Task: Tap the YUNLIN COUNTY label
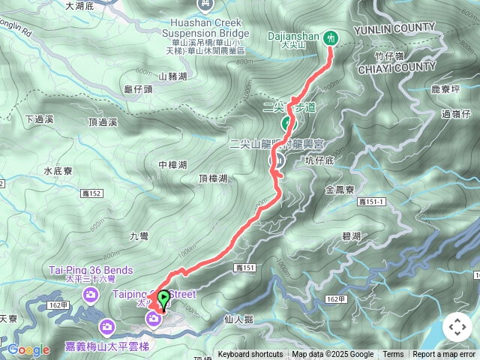[x=398, y=28]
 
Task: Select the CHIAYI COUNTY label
[x=399, y=67]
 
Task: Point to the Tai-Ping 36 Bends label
[x=92, y=271]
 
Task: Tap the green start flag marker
[x=163, y=298]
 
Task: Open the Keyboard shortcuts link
[x=250, y=355]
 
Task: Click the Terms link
[x=393, y=355]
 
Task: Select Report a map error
[x=444, y=355]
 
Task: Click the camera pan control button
[x=457, y=328]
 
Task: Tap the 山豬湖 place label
[x=172, y=76]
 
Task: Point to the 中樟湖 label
[x=172, y=165]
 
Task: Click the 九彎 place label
[x=139, y=236]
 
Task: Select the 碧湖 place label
[x=351, y=236]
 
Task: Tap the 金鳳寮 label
[x=340, y=190]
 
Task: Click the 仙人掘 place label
[x=239, y=319]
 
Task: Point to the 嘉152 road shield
[x=91, y=194]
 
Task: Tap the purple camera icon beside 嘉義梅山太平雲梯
[x=106, y=327]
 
